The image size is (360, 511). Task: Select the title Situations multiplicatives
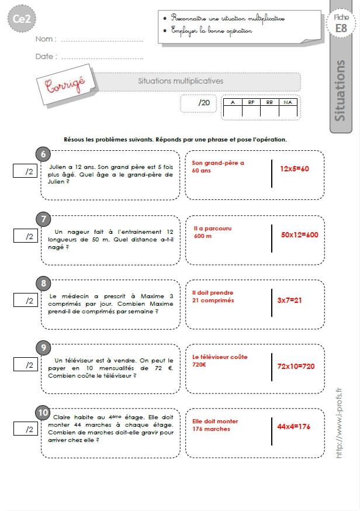click(180, 81)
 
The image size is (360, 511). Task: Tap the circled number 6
click(43, 154)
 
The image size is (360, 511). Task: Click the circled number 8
click(43, 284)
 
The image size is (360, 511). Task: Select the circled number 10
click(43, 413)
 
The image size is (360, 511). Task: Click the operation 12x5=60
click(294, 168)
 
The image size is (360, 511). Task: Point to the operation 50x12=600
click(299, 234)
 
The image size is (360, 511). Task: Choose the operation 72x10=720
click(296, 366)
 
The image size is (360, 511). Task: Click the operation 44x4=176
click(294, 426)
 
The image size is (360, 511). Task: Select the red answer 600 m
click(203, 236)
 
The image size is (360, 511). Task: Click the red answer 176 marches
click(212, 429)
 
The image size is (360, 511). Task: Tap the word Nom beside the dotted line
click(46, 39)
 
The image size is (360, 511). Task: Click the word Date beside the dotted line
click(46, 57)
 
